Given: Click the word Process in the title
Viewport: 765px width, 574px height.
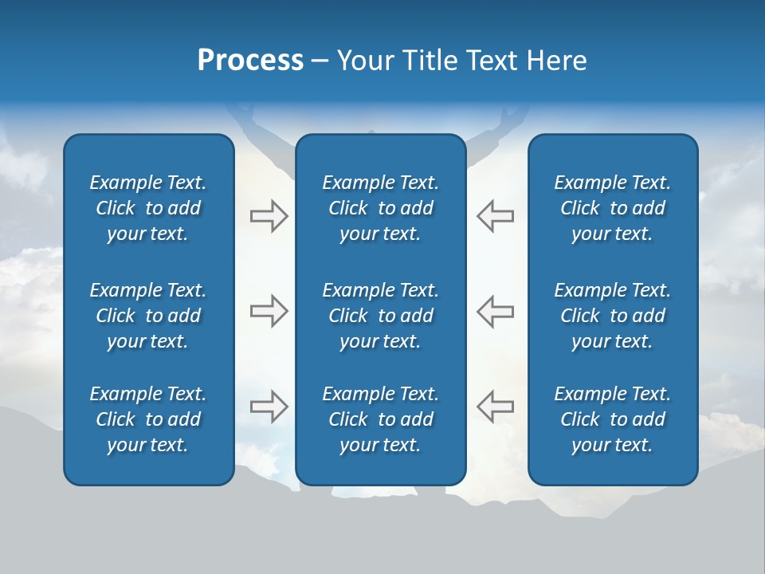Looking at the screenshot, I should [x=250, y=61].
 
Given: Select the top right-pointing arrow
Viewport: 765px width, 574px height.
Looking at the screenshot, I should [x=269, y=216].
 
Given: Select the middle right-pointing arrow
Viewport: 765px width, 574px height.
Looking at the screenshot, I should [x=269, y=311].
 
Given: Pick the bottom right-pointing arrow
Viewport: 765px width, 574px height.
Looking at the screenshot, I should [x=269, y=407].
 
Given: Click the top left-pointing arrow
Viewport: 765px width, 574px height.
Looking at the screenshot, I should [x=495, y=216].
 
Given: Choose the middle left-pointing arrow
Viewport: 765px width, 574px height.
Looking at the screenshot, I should [x=495, y=311].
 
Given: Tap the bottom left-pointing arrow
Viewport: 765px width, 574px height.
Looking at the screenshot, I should [x=495, y=407].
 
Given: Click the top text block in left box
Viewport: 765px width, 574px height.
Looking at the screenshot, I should [x=148, y=208].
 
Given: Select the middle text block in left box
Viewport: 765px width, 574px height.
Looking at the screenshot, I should [x=148, y=316].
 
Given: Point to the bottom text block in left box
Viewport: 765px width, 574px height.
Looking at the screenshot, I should [x=148, y=419].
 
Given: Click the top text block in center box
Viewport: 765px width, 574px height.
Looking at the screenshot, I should [x=380, y=208].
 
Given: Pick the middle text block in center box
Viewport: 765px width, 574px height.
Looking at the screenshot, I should [x=380, y=316].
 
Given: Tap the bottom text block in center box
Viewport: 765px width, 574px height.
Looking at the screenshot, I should [x=380, y=419].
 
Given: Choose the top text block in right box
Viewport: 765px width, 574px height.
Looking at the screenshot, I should [x=612, y=208].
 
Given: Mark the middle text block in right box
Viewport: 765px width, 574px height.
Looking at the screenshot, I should [x=612, y=316].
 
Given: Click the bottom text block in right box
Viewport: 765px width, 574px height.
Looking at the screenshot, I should [x=612, y=419].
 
